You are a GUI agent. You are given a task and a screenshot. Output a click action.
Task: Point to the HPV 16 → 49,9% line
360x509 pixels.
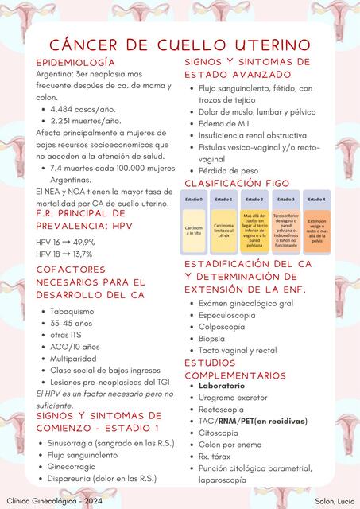65,242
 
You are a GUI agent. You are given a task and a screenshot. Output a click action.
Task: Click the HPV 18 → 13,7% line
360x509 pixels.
64,254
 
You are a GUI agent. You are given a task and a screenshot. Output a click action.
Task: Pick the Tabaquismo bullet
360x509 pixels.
72,311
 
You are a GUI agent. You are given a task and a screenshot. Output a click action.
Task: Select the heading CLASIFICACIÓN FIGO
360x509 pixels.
237,183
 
